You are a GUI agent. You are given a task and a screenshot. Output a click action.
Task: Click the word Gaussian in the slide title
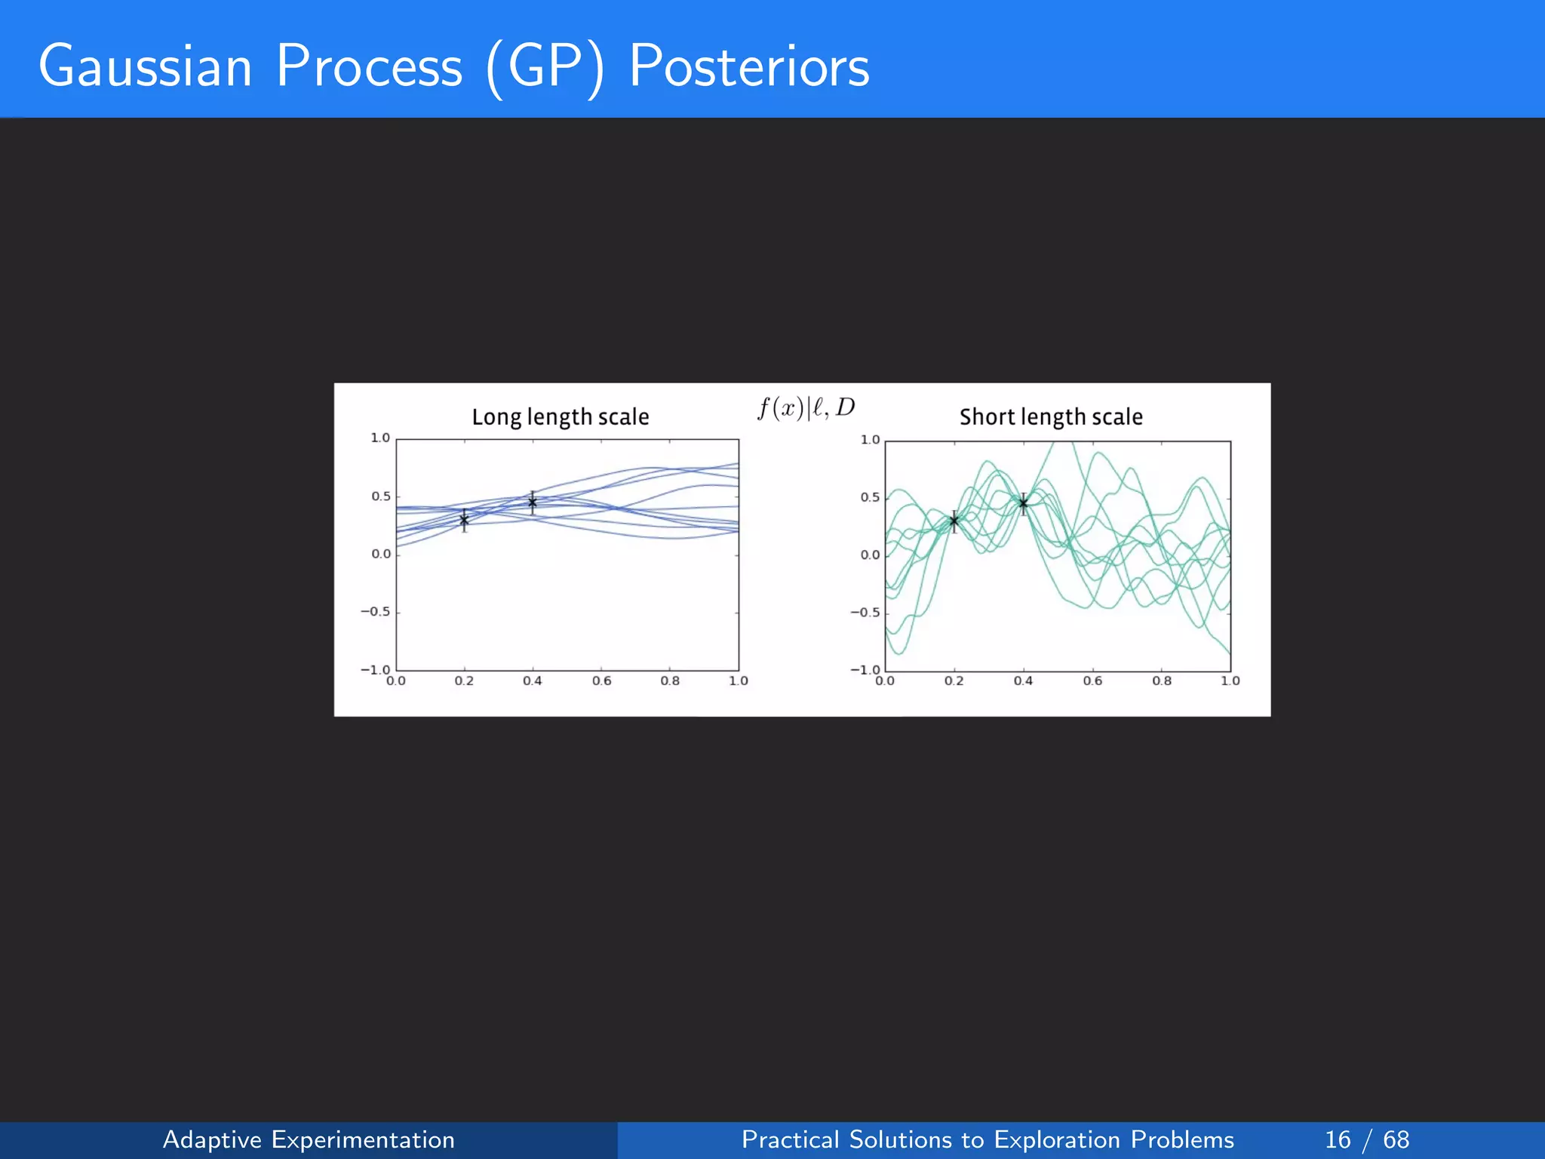145,66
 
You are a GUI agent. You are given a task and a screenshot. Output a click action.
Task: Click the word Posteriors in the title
748,66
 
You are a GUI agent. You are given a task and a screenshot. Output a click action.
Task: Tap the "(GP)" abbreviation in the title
545,68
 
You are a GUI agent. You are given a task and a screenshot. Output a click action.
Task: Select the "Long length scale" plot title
560,417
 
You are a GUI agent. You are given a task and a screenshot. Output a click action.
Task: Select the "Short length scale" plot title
1051,417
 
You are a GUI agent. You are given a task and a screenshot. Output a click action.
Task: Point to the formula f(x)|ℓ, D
806,408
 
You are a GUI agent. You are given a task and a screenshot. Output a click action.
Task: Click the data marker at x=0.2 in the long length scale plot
464,520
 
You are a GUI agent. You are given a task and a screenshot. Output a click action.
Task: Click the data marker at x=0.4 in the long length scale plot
533,502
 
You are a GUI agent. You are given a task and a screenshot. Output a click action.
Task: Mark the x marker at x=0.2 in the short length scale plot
954,521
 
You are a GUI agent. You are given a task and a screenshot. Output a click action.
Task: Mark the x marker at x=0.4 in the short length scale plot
1024,503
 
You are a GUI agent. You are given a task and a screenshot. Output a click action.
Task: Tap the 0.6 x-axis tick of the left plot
601,681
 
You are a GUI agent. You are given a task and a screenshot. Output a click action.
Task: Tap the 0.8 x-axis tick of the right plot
1162,681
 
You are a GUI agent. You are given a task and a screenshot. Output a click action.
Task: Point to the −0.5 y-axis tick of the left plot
375,612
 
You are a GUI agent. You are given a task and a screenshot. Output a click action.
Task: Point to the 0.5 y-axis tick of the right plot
870,497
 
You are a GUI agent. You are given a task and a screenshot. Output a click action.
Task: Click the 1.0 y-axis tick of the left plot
380,438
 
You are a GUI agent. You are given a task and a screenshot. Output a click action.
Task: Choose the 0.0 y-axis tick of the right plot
870,555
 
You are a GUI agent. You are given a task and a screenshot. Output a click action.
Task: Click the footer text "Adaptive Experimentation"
309,1139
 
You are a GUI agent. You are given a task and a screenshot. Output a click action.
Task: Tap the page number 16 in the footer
1338,1139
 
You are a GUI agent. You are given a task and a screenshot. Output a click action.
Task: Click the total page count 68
1396,1139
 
